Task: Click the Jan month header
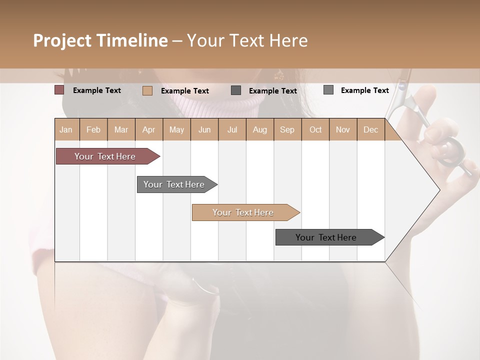[x=66, y=129]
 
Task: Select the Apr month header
[x=148, y=129]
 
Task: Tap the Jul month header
[x=232, y=129]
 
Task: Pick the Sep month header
[x=287, y=129]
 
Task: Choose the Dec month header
[x=370, y=129]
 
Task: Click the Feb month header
[x=93, y=129]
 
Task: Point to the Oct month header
[x=315, y=129]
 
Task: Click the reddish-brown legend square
[x=59, y=90]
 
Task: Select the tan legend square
[x=147, y=90]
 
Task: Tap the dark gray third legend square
[x=236, y=90]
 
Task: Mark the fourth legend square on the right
[x=328, y=90]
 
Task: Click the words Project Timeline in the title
[x=100, y=40]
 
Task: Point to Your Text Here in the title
[x=247, y=40]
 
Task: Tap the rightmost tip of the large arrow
[x=439, y=190]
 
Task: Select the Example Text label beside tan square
[x=184, y=91]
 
